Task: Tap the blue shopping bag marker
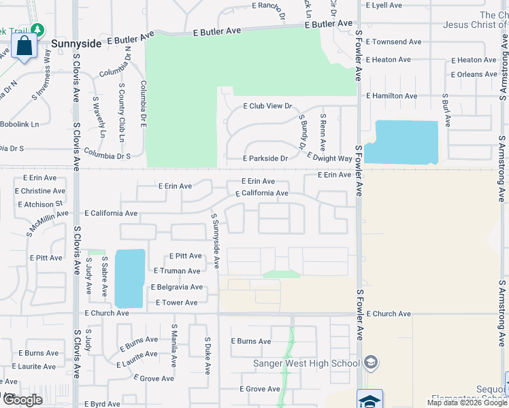(24, 47)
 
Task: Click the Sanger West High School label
(306, 363)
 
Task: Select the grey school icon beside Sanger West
(370, 361)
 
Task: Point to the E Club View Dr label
(267, 106)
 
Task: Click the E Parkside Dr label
(266, 158)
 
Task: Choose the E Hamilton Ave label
(391, 97)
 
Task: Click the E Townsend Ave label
(394, 42)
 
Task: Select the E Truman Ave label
(175, 271)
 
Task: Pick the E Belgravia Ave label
(177, 287)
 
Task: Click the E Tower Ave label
(176, 303)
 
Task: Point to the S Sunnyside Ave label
(215, 241)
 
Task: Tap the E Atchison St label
(40, 203)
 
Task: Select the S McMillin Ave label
(48, 221)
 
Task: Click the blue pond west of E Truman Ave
(130, 277)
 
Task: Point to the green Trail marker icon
(37, 30)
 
